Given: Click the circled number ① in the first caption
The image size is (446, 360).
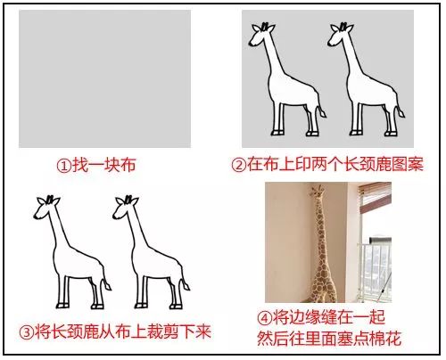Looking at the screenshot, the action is [x=64, y=166].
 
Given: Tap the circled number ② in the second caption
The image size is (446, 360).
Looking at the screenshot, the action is [x=239, y=165].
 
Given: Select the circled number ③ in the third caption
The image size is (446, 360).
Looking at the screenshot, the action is [x=27, y=332].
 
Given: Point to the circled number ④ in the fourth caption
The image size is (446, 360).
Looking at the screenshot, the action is [x=264, y=318].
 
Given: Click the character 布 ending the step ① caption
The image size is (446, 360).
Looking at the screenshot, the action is [x=128, y=165].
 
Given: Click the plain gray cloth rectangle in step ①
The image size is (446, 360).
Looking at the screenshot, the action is [x=104, y=78].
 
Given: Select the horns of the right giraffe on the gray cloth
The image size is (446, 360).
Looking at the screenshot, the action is [x=343, y=26].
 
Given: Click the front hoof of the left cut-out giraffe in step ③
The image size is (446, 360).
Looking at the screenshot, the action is [x=62, y=305].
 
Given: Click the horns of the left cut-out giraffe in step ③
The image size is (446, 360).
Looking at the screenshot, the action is [x=50, y=199].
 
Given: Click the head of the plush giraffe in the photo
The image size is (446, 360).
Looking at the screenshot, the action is [x=318, y=191].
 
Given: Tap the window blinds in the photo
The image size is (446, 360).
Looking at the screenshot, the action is [x=376, y=197].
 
